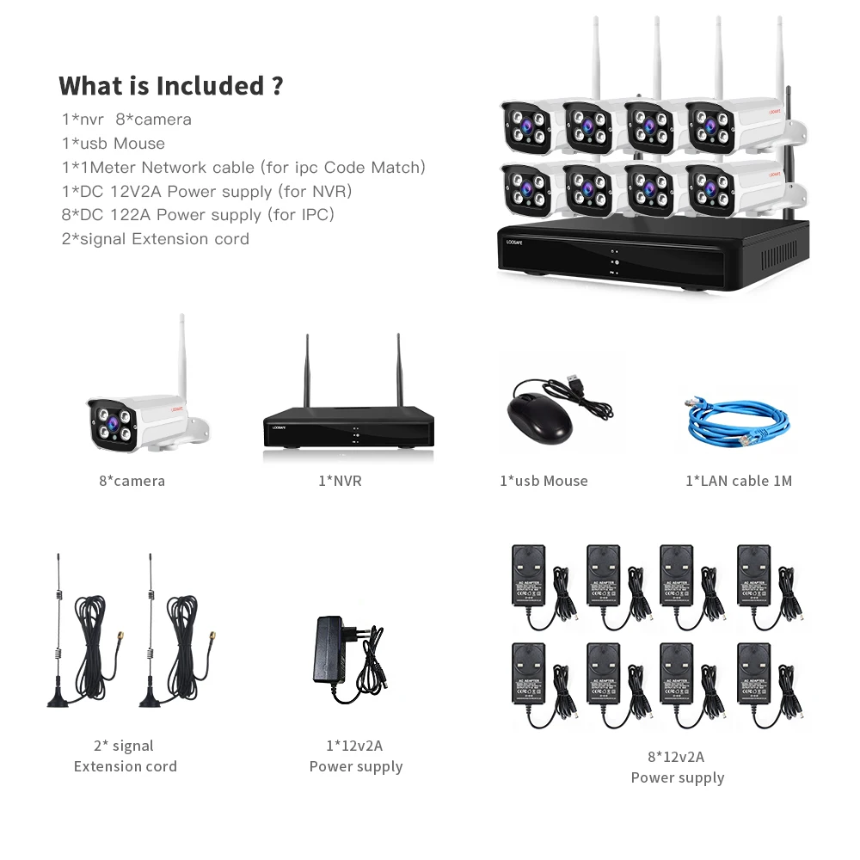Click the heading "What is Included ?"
pos(170,86)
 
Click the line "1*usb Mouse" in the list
pos(113,143)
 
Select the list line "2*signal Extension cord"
pos(155,238)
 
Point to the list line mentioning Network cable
pos(243,167)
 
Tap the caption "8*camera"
pos(132,481)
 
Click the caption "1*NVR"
pos(340,481)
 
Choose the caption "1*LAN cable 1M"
pos(738,481)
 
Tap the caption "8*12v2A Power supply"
pos(678,767)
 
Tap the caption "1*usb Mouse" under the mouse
pos(544,481)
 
